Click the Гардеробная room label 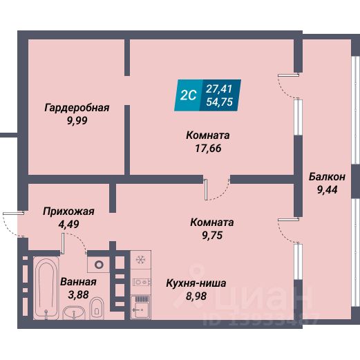click(77, 108)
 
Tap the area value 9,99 click(77, 120)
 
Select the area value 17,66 click(208, 148)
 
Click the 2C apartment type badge click(189, 95)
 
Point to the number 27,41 click(219, 89)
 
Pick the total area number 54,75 click(219, 102)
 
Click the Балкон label click(327, 177)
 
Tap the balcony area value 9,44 click(327, 190)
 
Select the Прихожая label click(68, 211)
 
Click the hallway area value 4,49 click(68, 224)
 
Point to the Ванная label click(78, 282)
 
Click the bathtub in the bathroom click(46, 288)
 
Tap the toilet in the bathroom click(97, 308)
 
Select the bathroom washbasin click(74, 313)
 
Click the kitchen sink click(140, 307)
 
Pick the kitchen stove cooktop click(141, 282)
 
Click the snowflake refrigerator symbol click(140, 260)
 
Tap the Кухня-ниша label click(196, 283)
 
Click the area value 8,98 click(196, 296)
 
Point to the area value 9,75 click(212, 235)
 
